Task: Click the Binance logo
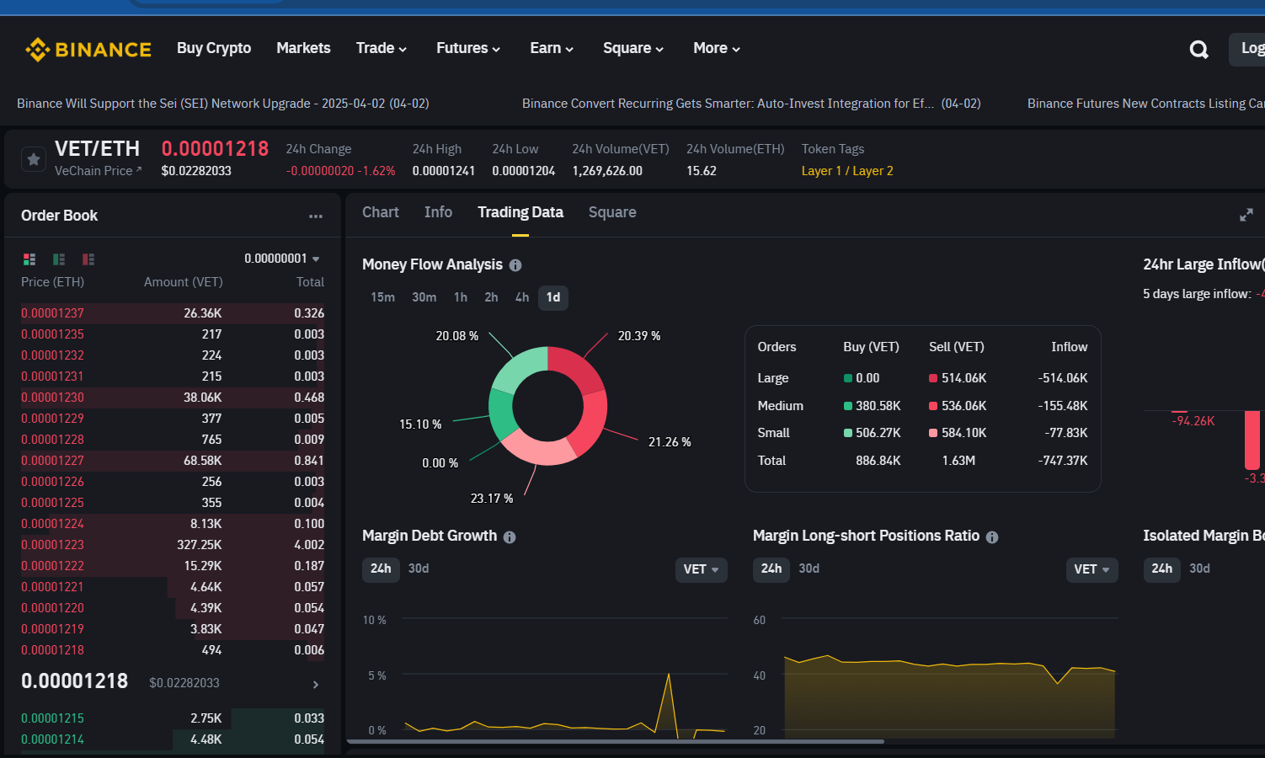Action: [x=88, y=49]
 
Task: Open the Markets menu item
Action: [x=303, y=48]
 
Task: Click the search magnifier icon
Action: [x=1199, y=50]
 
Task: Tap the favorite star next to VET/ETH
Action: [x=34, y=159]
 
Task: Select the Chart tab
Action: [x=380, y=212]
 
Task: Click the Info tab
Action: [x=438, y=212]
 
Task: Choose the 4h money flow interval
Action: [x=522, y=297]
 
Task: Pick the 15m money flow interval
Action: [x=382, y=297]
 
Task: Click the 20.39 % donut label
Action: [x=638, y=336]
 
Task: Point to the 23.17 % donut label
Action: [x=491, y=499]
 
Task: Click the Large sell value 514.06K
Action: [x=963, y=378]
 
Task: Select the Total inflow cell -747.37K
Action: [x=1062, y=461]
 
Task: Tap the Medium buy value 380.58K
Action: [x=878, y=406]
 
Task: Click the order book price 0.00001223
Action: [x=52, y=545]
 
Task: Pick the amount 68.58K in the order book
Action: [x=202, y=461]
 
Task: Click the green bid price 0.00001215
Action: [x=52, y=718]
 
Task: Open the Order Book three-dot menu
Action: [x=316, y=216]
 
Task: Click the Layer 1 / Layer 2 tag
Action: [x=847, y=171]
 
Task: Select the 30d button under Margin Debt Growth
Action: [x=419, y=568]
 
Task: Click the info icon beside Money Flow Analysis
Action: [x=515, y=265]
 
